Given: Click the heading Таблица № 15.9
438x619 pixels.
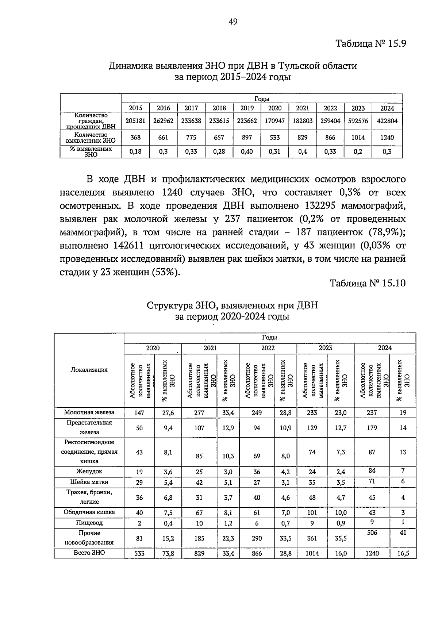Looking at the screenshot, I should (x=370, y=44).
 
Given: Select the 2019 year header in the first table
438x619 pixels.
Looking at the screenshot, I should (x=247, y=108).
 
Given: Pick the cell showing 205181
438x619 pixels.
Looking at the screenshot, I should (x=135, y=121).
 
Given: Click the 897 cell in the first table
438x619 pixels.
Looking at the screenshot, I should (x=247, y=138).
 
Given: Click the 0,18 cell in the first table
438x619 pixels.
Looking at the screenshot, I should (x=135, y=152).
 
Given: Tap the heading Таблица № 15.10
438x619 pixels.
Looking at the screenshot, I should (x=368, y=283).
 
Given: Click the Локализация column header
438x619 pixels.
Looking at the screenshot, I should (x=89, y=370).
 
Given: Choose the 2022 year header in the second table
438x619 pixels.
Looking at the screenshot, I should (x=268, y=348).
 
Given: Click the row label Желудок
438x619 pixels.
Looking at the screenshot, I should (x=89, y=472).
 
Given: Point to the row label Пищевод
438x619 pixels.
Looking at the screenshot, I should (x=89, y=523).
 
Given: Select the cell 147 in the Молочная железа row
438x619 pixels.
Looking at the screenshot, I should (x=139, y=413).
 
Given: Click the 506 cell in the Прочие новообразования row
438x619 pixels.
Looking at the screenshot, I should (x=372, y=533).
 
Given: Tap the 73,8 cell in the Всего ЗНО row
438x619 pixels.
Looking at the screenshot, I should (x=168, y=553).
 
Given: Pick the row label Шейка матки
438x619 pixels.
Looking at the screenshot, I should (x=89, y=482).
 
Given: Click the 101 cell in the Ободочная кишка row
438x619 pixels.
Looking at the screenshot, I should (x=312, y=512).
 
